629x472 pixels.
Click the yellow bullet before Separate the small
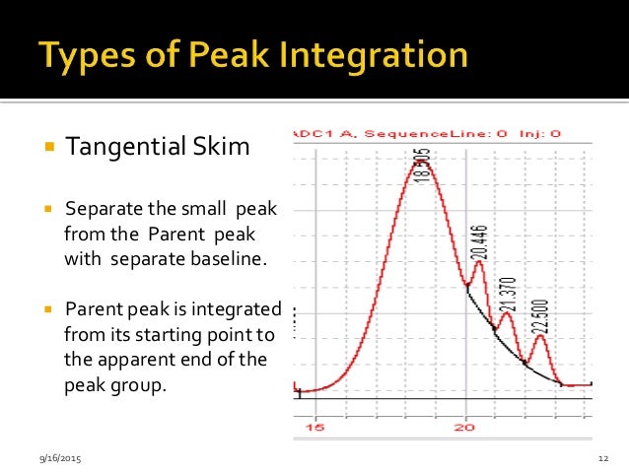coord(48,212)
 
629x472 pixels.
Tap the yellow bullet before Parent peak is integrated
coord(48,308)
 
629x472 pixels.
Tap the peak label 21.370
coord(509,288)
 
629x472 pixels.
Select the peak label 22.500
coord(541,312)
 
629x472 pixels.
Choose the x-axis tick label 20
coord(463,428)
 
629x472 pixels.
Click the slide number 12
coord(601,460)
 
